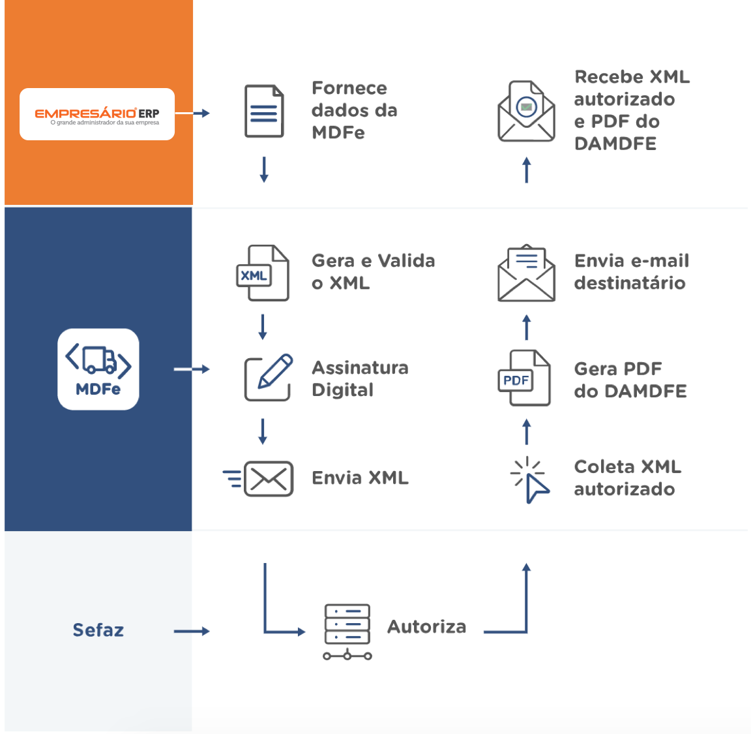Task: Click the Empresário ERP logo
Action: tap(97, 114)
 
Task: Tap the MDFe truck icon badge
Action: tap(98, 369)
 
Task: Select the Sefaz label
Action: tap(98, 630)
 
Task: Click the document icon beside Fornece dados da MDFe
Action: tap(264, 111)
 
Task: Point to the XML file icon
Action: tap(262, 273)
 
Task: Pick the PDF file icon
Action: tap(524, 378)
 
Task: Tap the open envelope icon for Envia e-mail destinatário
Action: tap(527, 274)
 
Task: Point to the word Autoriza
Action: tap(427, 627)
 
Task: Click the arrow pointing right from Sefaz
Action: tap(192, 631)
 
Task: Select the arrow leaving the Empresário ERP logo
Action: tap(193, 114)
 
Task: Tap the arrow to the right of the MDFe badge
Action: tap(192, 369)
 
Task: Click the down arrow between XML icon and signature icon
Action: tap(263, 327)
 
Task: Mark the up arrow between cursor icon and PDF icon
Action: tap(527, 432)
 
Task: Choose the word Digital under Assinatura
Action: tap(343, 390)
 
